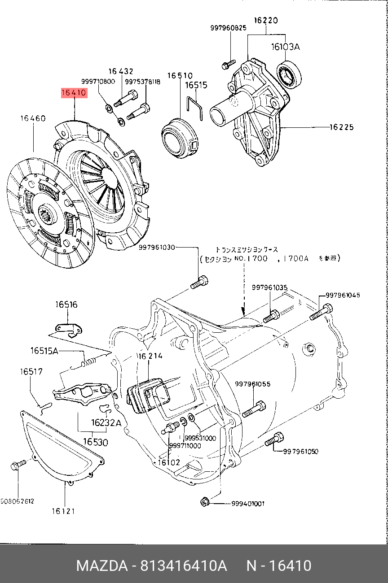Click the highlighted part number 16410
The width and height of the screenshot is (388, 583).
point(74,93)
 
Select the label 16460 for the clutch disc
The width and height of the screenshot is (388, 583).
point(33,119)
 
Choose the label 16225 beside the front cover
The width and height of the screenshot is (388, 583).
point(341,127)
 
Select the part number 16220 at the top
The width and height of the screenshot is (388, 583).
point(265,20)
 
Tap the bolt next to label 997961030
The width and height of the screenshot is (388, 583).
point(199,283)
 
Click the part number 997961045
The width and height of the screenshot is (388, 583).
point(343,295)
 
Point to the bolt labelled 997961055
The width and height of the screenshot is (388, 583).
point(254,409)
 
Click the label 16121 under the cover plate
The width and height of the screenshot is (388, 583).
point(63,511)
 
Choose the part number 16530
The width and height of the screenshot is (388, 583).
point(95,442)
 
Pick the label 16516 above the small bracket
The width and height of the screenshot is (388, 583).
point(66,305)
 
